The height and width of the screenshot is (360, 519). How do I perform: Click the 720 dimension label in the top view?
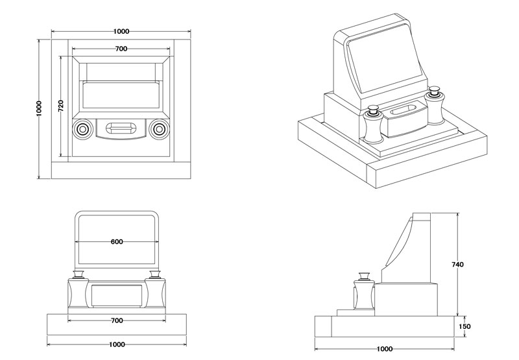(x=61, y=106)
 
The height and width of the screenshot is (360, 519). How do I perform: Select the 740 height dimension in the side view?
(x=458, y=265)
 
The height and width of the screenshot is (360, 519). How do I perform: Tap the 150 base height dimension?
(x=465, y=326)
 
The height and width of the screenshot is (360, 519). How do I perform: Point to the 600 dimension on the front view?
(x=117, y=242)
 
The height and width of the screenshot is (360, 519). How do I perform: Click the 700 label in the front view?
(x=117, y=320)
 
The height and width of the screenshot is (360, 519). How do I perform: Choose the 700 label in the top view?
(x=121, y=49)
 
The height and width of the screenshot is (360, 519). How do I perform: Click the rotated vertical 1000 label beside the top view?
(x=39, y=108)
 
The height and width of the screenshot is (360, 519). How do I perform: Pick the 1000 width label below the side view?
(x=385, y=349)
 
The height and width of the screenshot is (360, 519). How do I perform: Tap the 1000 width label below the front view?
(x=117, y=345)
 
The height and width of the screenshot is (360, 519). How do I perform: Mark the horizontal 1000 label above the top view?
(x=121, y=32)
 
